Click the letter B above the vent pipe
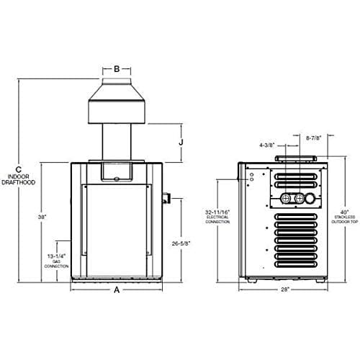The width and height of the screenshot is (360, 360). tap(117, 70)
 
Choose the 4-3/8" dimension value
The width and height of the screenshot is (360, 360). tap(266, 144)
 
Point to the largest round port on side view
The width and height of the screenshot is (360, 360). tap(310, 199)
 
